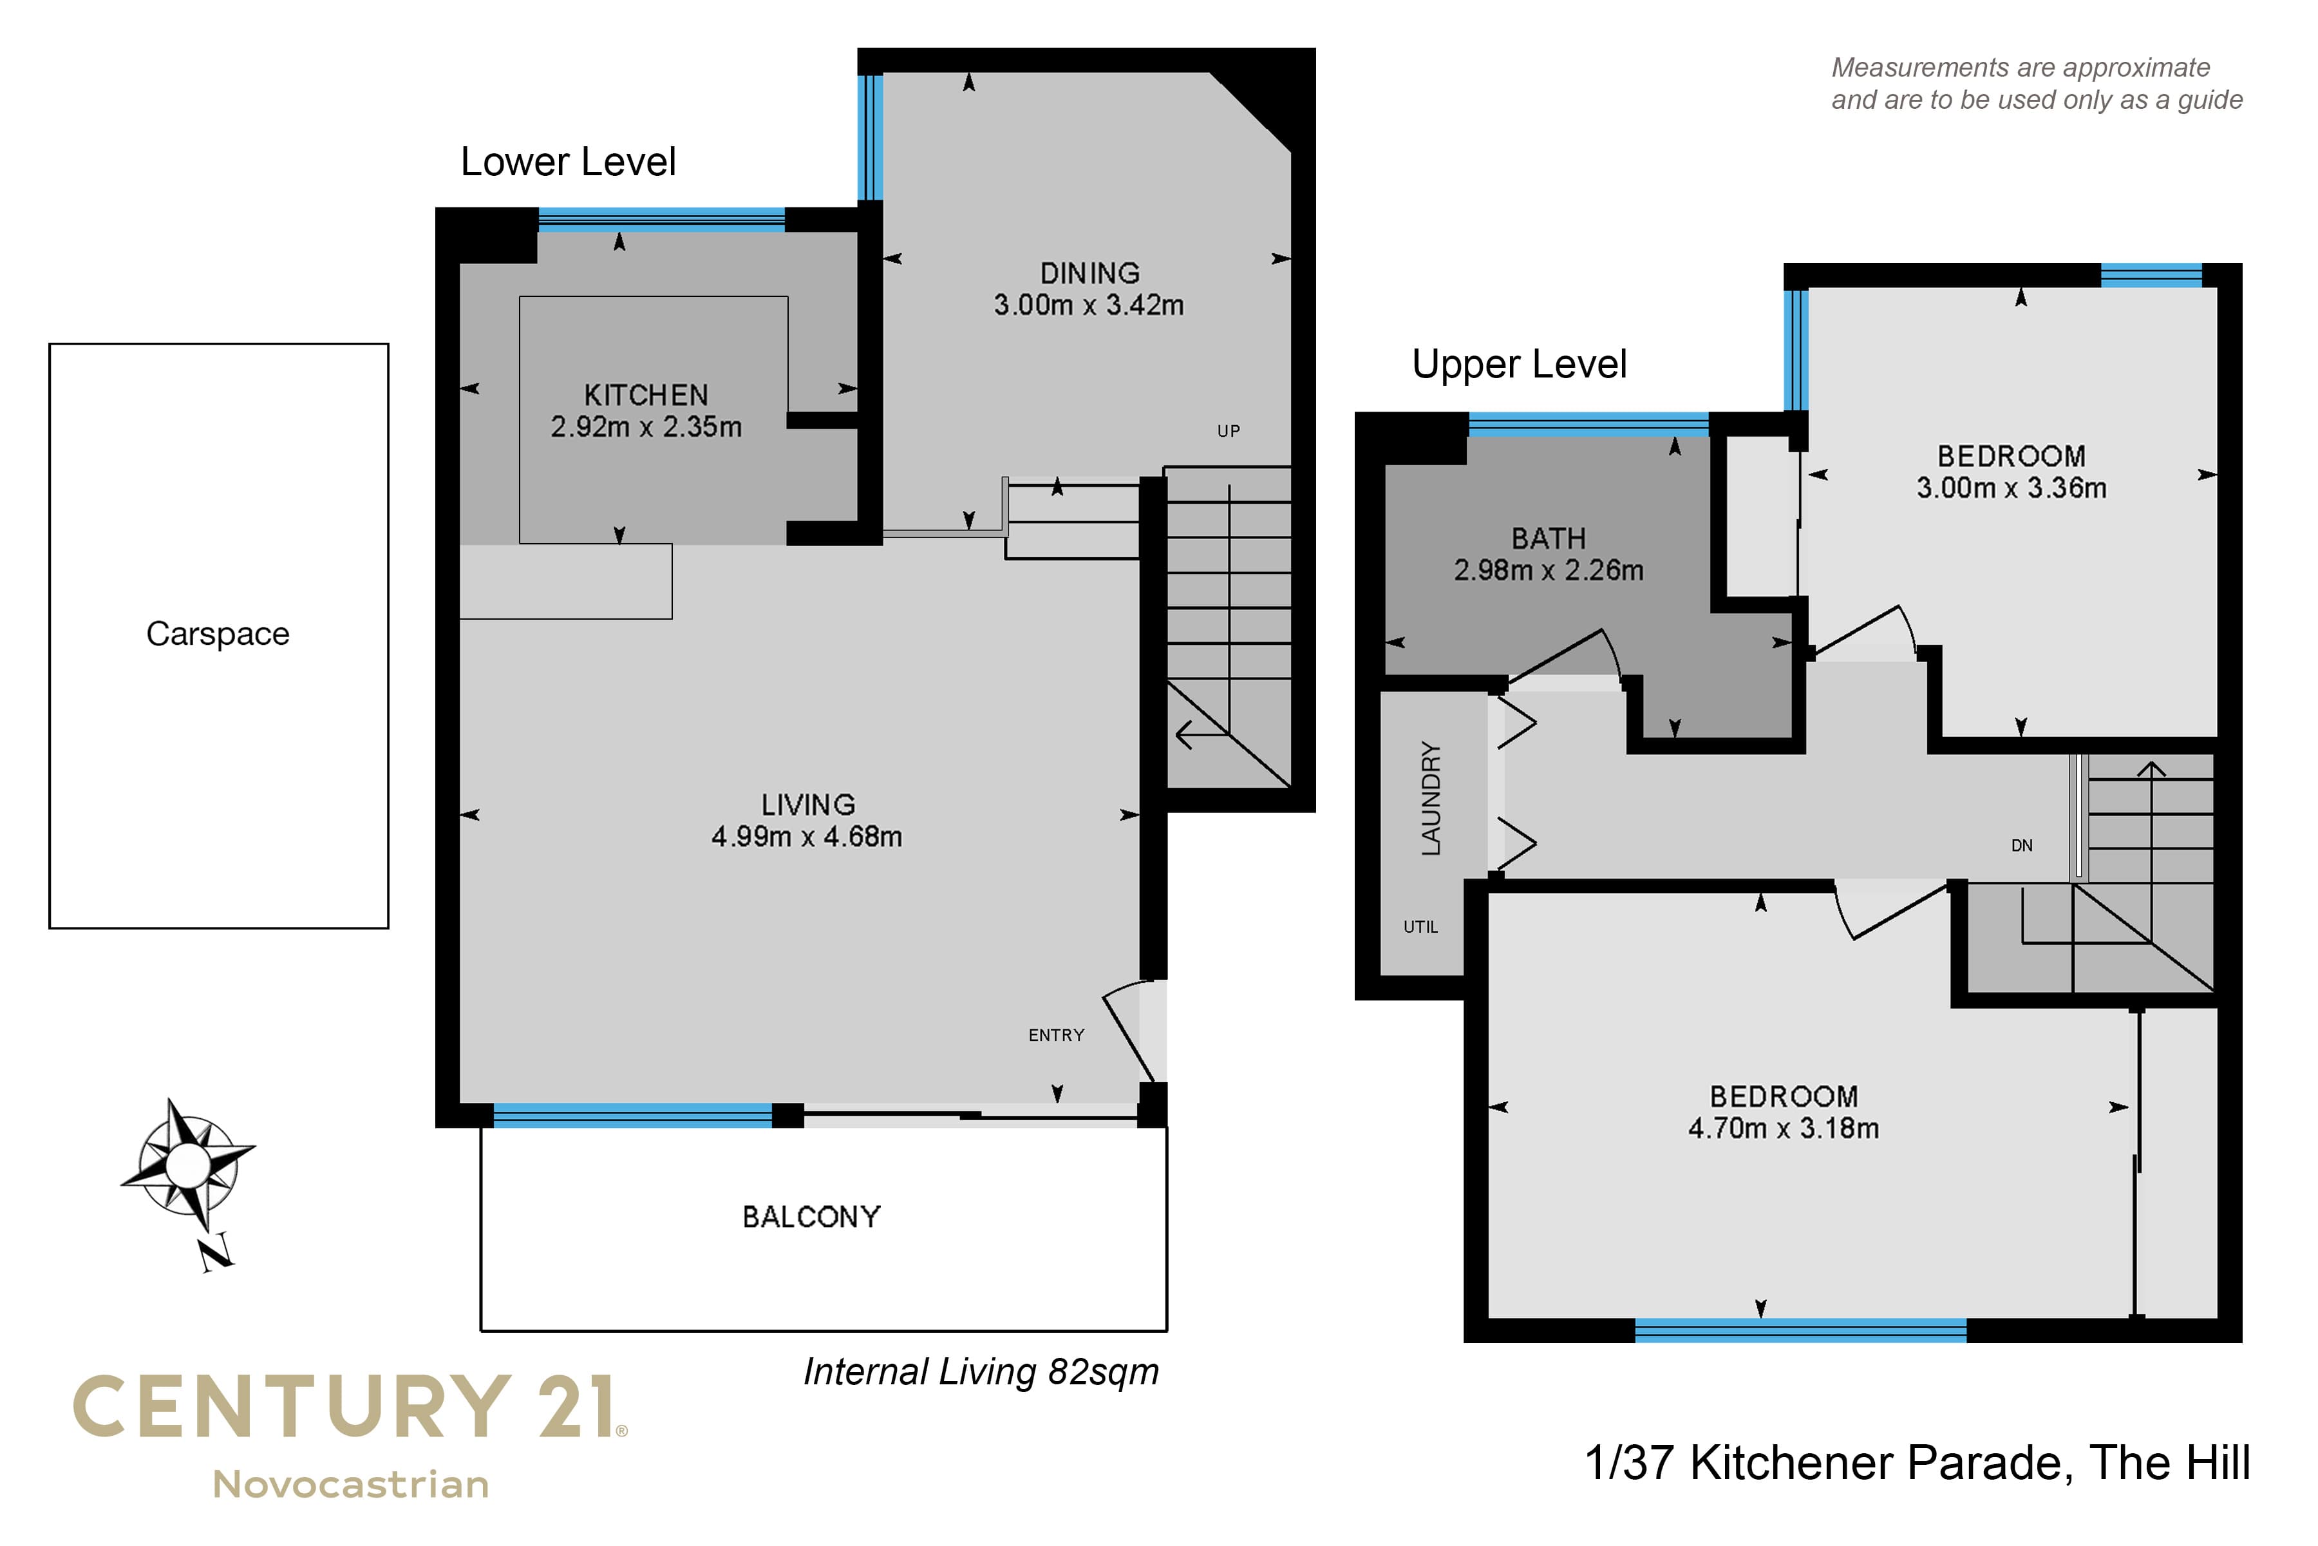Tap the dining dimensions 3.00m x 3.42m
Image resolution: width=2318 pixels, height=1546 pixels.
tap(1088, 305)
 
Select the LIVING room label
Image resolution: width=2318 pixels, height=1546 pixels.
tap(807, 805)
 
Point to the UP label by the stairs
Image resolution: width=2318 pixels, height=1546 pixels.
tap(1228, 431)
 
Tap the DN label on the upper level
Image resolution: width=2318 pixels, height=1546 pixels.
tap(2021, 846)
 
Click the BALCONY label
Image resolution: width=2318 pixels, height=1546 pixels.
tap(811, 1217)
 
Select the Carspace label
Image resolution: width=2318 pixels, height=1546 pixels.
tap(218, 633)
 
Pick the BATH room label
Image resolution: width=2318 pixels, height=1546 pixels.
tap(1549, 539)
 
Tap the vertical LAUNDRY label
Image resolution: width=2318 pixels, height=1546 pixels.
tap(1431, 799)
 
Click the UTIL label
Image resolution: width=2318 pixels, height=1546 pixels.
tap(1420, 927)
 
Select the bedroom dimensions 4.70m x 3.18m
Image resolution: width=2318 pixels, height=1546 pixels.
tap(1783, 1128)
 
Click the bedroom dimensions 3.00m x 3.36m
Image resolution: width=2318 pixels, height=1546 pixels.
tap(2012, 487)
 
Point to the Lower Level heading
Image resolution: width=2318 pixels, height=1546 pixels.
tap(568, 162)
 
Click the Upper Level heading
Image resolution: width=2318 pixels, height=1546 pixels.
tap(1519, 365)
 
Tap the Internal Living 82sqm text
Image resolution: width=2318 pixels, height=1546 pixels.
tap(981, 1371)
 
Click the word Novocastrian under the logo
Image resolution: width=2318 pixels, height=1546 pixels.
tap(351, 1485)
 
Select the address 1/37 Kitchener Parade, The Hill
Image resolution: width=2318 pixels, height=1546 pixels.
tap(1917, 1462)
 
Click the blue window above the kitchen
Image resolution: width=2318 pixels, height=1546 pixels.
tap(661, 219)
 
